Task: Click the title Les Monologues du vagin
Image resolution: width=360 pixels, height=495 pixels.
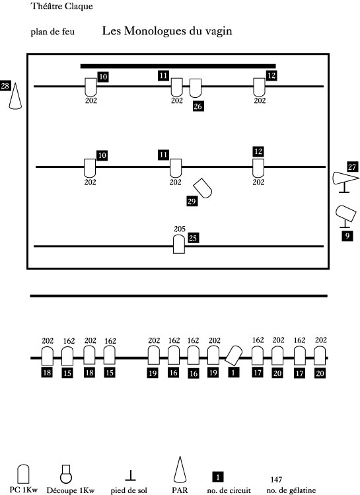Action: coord(167,31)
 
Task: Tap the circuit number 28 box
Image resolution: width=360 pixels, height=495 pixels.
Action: coord(5,86)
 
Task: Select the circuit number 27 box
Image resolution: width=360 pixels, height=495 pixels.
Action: coord(352,167)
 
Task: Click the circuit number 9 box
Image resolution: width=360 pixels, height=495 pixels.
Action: coord(347,236)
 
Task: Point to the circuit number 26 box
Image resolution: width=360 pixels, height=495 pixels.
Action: coord(198,106)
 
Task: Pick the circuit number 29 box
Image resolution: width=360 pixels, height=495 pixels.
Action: coord(192,202)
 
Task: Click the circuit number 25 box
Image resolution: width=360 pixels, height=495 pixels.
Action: coord(193,238)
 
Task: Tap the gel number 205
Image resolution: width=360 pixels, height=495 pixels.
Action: coord(180,229)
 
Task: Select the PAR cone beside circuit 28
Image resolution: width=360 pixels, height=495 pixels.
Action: coord(15,96)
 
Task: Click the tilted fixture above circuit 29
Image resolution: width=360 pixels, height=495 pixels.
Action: coord(203,188)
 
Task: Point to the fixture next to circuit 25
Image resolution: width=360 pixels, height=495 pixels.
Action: coord(179,245)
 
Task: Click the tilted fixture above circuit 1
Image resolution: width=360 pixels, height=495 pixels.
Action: coord(233,356)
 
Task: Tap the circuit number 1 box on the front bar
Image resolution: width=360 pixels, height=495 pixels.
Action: coord(233,373)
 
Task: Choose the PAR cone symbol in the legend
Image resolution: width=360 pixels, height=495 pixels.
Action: coord(180,469)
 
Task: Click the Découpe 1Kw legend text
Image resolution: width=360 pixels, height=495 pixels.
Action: coord(71,490)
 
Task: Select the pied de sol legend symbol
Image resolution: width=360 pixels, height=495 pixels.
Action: coord(130,475)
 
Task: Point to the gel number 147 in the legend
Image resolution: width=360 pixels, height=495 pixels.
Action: coord(276,480)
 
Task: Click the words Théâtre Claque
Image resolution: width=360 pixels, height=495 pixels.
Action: coord(62,7)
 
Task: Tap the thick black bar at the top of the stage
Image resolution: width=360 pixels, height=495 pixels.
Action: coord(178,66)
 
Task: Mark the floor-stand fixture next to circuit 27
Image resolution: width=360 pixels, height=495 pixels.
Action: coord(345,181)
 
